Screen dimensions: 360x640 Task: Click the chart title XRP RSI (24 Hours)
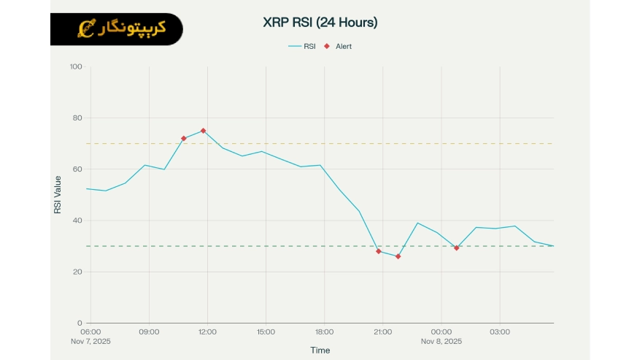(320, 23)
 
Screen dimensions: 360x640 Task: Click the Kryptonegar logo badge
(117, 29)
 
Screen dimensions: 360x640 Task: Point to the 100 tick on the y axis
(76, 67)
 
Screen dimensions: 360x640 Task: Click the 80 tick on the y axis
(77, 118)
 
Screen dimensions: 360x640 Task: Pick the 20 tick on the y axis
(77, 272)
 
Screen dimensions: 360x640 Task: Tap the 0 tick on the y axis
(80, 323)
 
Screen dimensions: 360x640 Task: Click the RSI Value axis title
(58, 195)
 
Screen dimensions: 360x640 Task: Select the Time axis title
(320, 351)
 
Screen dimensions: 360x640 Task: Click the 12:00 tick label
(207, 332)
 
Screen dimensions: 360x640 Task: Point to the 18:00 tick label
(324, 332)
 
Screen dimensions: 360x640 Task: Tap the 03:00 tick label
(499, 332)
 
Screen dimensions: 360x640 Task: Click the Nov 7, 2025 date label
(90, 341)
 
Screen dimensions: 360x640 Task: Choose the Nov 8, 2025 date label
(441, 341)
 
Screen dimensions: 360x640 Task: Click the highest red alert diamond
(203, 131)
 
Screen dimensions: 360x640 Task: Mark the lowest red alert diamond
(398, 256)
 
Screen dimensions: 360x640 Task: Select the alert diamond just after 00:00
(456, 248)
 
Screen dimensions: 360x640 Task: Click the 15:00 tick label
(266, 332)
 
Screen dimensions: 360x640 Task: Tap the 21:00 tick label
(382, 332)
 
